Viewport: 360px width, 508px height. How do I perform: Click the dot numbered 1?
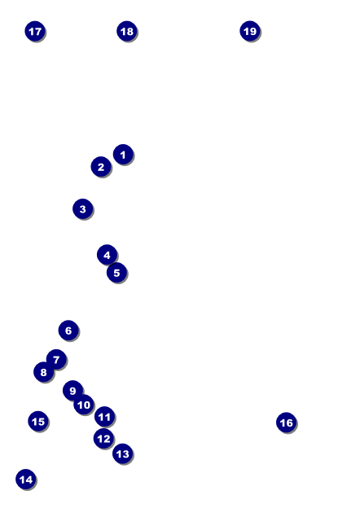click(x=123, y=154)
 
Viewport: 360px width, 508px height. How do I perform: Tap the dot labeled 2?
click(x=101, y=167)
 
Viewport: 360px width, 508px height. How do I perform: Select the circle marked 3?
click(x=83, y=208)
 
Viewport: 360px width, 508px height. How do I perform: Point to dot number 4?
click(x=107, y=255)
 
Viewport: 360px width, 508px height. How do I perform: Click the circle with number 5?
click(x=116, y=273)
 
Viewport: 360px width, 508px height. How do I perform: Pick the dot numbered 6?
click(x=68, y=331)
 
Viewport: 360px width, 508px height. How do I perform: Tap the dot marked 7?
click(x=56, y=359)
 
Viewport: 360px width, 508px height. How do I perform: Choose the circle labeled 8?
click(x=44, y=372)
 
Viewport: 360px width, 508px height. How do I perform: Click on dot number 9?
click(x=73, y=391)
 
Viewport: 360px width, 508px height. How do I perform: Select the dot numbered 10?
click(x=84, y=405)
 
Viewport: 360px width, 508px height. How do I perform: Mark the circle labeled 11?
click(x=105, y=417)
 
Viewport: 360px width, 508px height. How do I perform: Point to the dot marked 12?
click(x=103, y=438)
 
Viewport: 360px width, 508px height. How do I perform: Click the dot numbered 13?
click(x=123, y=453)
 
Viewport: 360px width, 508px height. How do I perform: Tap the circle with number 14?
click(x=26, y=480)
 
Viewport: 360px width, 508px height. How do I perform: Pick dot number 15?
click(x=38, y=421)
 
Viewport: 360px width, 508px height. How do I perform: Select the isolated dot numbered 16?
click(x=287, y=423)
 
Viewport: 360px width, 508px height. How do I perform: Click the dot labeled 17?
click(x=35, y=31)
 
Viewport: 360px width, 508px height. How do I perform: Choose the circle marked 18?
click(x=127, y=31)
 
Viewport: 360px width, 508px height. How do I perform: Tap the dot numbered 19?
click(x=250, y=31)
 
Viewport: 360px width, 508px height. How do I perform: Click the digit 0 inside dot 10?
click(x=86, y=405)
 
